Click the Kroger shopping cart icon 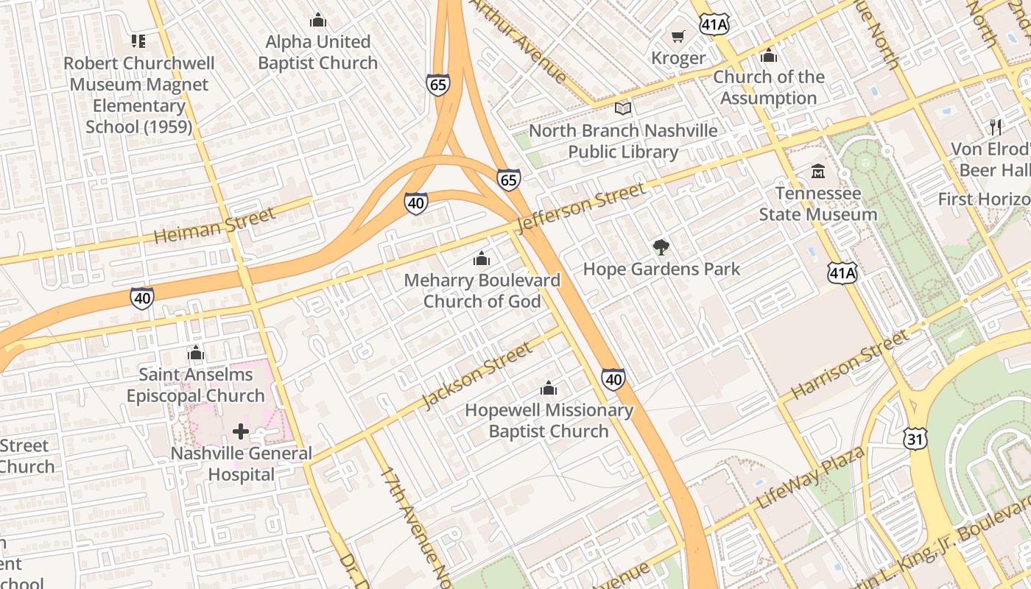click(678, 36)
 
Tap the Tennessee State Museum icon click(817, 172)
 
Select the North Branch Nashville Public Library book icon click(623, 109)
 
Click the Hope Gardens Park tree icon click(661, 247)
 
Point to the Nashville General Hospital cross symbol click(240, 431)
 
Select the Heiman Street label click(214, 225)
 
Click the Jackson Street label click(476, 375)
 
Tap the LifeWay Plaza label click(810, 478)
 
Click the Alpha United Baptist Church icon click(318, 20)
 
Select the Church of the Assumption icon click(768, 55)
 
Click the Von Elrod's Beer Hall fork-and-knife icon click(996, 127)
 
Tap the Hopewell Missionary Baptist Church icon click(549, 388)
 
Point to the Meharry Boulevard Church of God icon click(482, 258)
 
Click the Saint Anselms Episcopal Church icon click(195, 353)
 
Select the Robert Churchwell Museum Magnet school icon click(138, 41)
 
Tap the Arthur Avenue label click(519, 40)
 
